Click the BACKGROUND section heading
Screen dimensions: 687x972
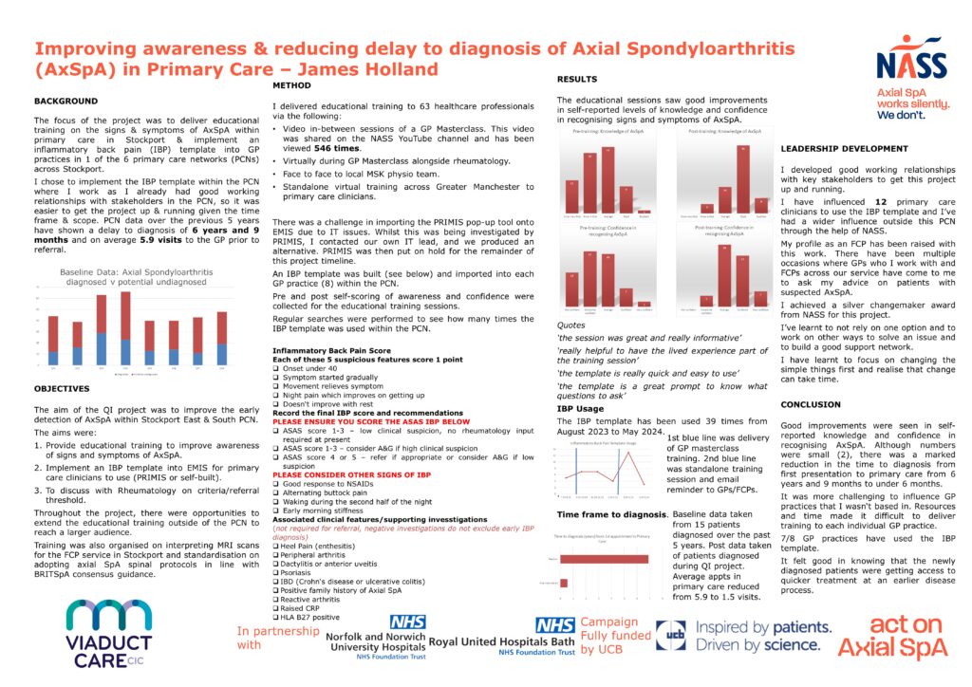[66, 101]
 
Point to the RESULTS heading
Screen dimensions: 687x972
[578, 81]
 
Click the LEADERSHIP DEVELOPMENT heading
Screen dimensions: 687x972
[844, 148]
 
